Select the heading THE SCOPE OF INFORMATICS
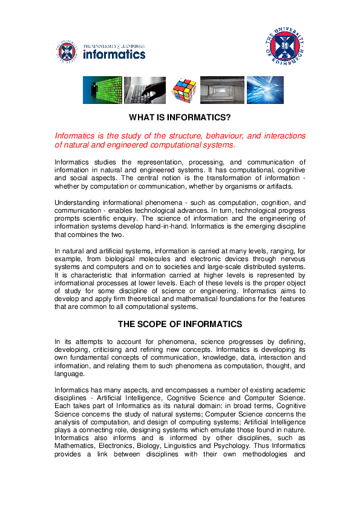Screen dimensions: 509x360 tap(180, 324)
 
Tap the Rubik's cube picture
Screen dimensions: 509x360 tap(183, 90)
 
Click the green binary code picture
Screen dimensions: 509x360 tap(102, 90)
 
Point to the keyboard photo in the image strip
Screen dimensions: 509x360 tap(145, 90)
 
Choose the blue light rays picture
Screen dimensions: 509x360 tap(264, 90)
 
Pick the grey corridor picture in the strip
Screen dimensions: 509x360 tap(222, 90)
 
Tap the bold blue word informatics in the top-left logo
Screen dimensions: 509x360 tap(114, 54)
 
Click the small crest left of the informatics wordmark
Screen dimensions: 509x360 tap(67, 50)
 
